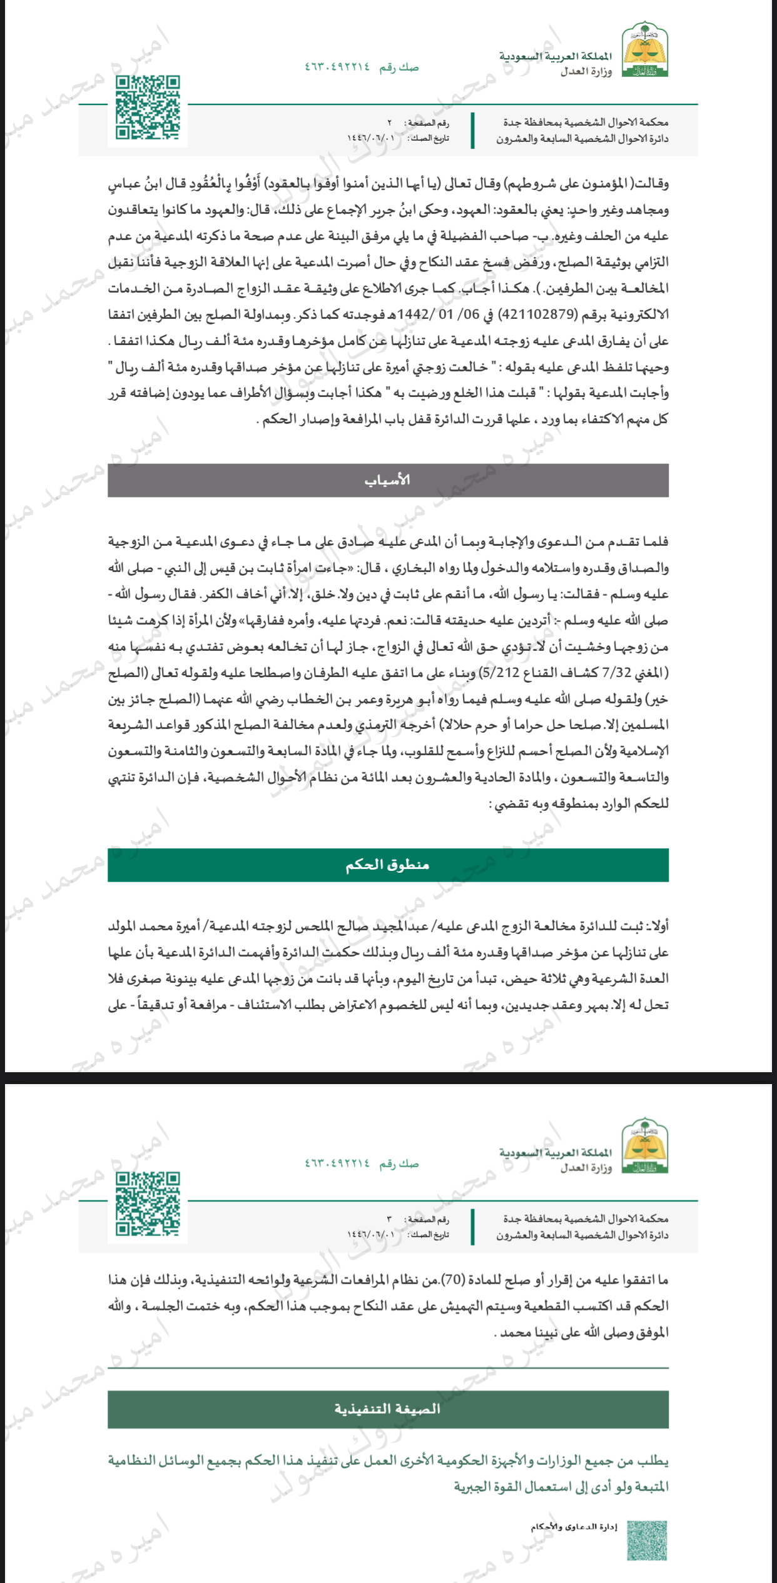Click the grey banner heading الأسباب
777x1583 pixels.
(388, 480)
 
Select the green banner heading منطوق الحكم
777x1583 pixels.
(388, 865)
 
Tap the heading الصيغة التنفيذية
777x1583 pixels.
(388, 1409)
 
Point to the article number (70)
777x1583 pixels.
(452, 1280)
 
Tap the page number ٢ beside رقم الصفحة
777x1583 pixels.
(390, 123)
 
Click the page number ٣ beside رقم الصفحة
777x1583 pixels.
(390, 1220)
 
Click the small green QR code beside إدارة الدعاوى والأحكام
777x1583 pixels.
(647, 1540)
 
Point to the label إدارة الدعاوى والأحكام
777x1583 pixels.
(574, 1527)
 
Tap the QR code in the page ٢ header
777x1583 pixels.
(148, 108)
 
